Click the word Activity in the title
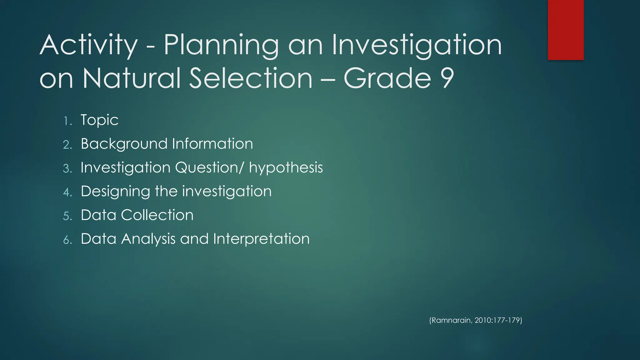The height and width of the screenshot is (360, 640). (88, 46)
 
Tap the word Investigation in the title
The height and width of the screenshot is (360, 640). (417, 46)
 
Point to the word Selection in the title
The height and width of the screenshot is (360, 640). (251, 78)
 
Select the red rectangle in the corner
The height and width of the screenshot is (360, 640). (566, 30)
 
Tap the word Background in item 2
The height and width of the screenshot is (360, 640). (124, 144)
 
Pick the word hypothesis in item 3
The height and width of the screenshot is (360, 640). (286, 168)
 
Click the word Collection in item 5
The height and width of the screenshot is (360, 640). (157, 215)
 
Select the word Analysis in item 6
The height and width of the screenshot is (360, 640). (148, 239)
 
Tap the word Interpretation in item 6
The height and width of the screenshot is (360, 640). (261, 239)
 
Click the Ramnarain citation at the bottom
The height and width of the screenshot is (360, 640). (476, 320)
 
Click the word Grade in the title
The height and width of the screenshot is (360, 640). (387, 78)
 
